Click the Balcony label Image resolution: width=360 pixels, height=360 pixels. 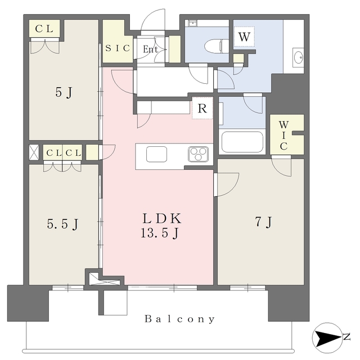tap(179, 319)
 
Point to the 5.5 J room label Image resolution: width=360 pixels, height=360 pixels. tap(62, 224)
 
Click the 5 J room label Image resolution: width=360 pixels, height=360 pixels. tap(63, 92)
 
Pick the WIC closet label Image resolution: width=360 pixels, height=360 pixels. tap(284, 136)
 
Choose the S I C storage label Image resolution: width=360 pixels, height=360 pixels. tap(118, 48)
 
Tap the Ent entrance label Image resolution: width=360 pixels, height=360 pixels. tap(150, 49)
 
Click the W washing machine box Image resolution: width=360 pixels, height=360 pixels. tap(244, 36)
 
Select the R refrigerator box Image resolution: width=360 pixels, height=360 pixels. tap(202, 109)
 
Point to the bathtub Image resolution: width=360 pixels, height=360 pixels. tap(242, 142)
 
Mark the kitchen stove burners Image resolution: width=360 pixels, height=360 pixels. tap(199, 153)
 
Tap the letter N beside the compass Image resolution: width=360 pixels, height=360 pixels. tap(347, 337)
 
